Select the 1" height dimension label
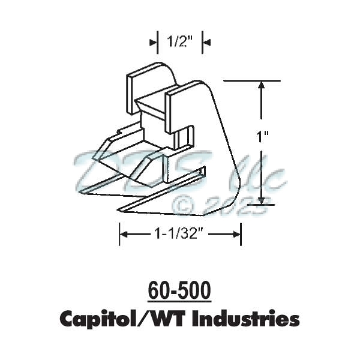click(262, 137)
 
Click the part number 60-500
click(179, 291)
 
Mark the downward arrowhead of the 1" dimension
click(261, 199)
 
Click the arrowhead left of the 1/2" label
click(153, 41)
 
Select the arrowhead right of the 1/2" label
click(206, 41)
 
